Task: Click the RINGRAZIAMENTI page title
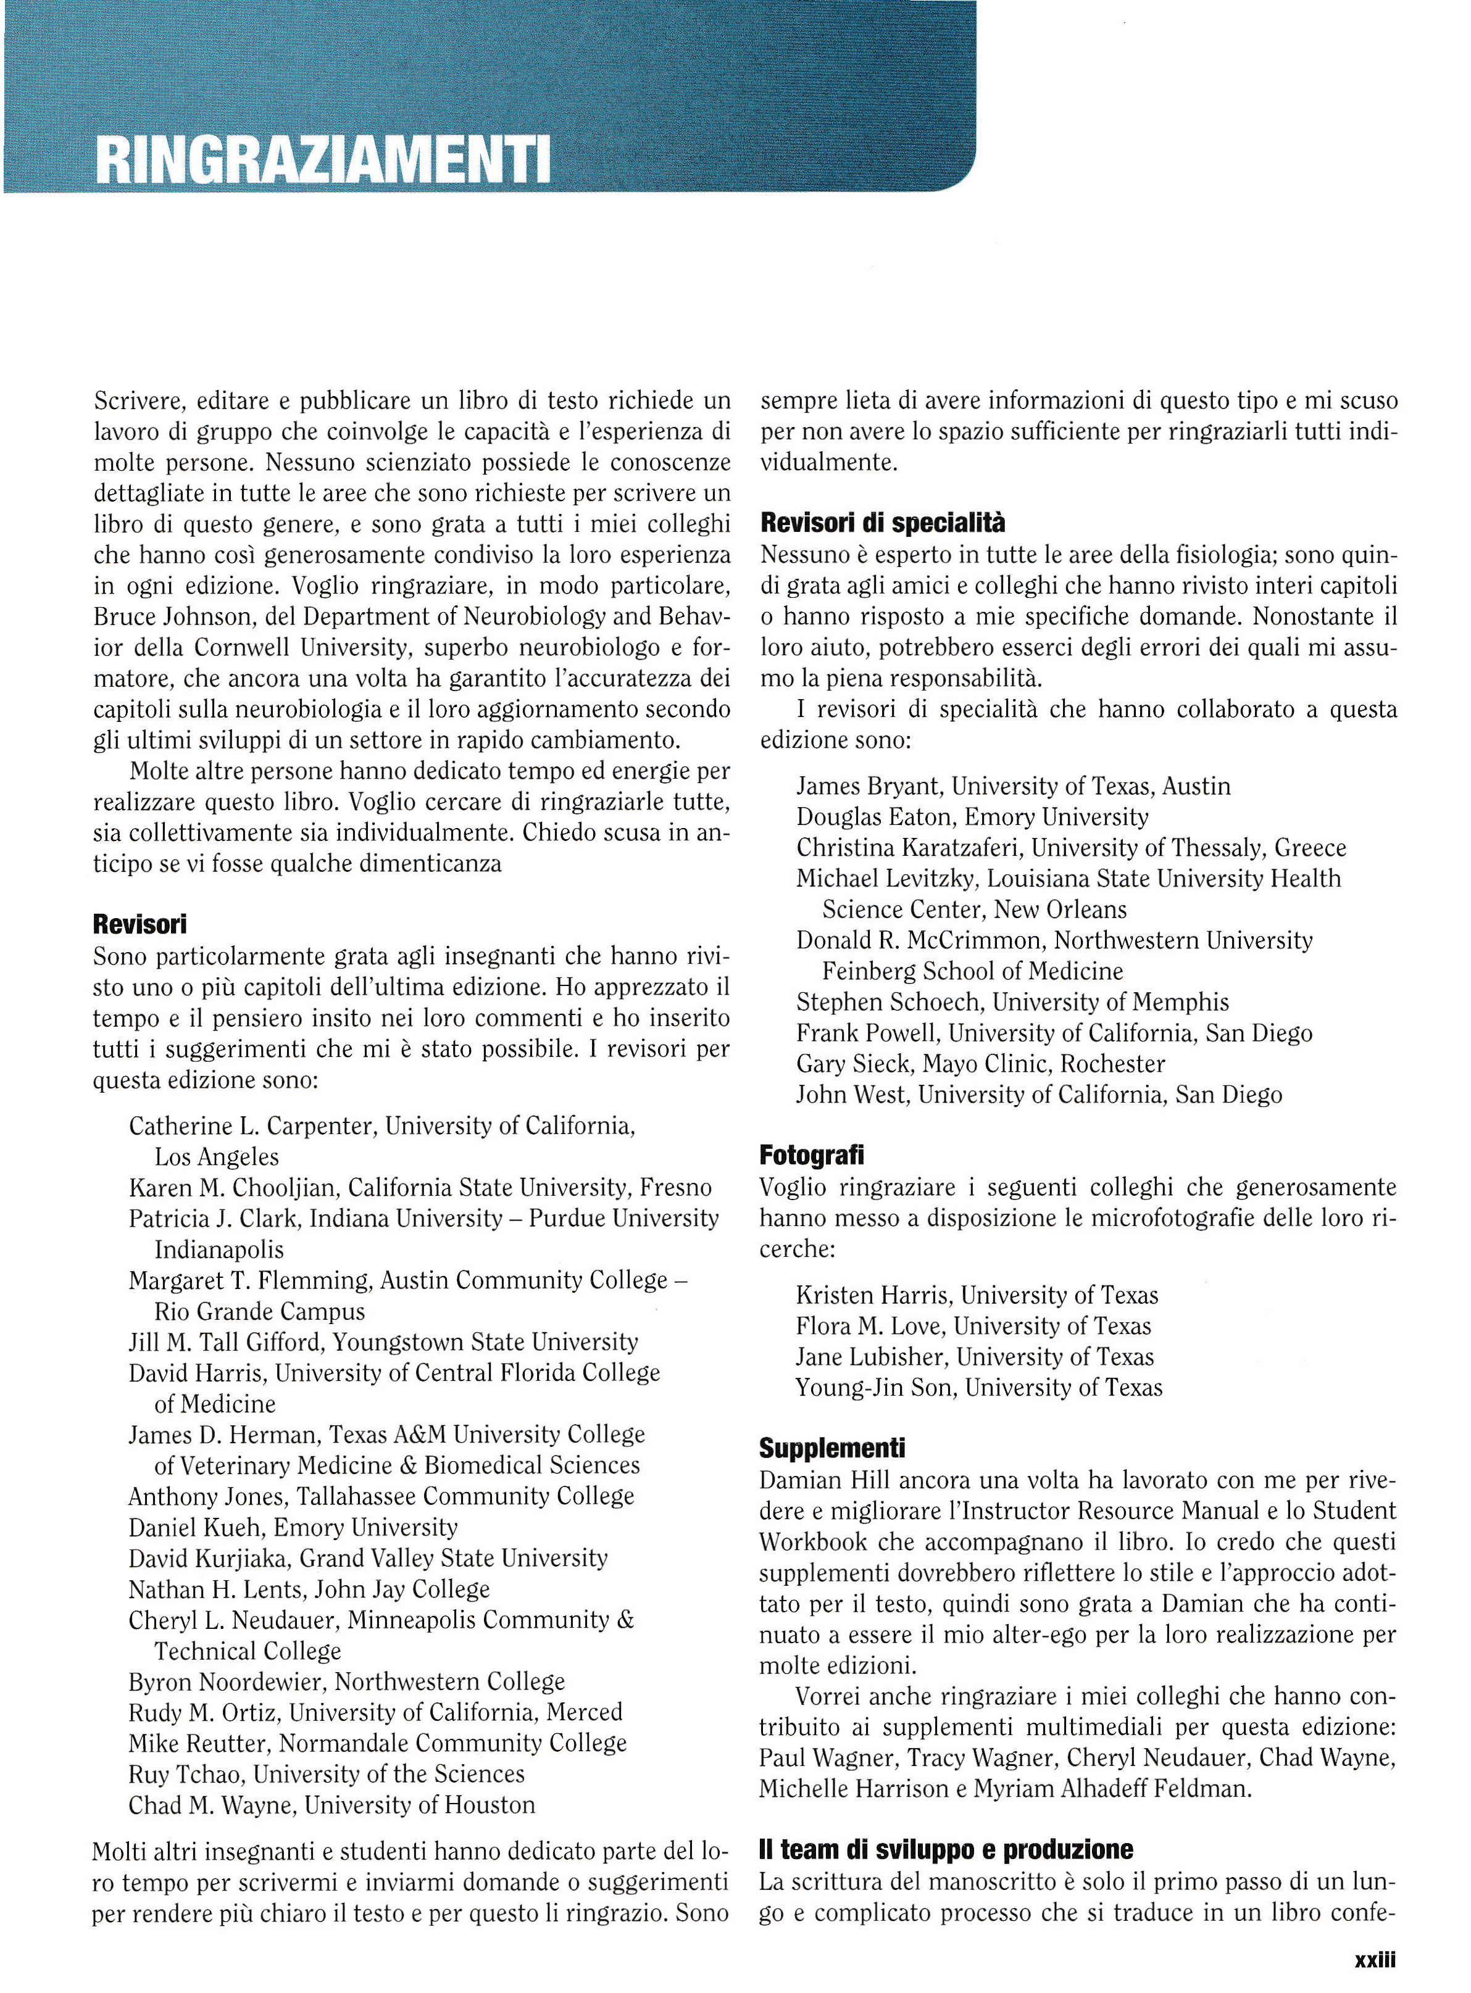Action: point(322,159)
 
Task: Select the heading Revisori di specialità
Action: point(883,523)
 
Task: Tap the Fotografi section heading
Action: point(811,1156)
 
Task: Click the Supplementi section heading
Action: point(831,1448)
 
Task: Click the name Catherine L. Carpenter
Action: point(253,1126)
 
